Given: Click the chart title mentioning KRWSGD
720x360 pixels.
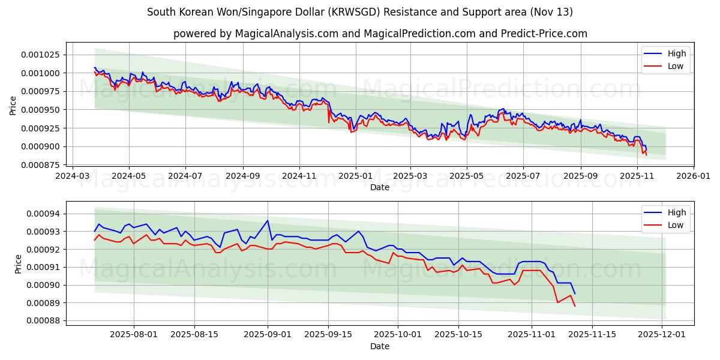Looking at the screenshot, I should pos(360,12).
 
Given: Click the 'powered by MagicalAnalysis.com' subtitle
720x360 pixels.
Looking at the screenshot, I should pos(380,34).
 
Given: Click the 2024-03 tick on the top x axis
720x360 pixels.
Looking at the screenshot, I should pos(73,176).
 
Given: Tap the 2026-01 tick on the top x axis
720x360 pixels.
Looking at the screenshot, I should pos(693,176).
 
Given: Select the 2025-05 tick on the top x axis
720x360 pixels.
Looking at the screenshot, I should pos(467,176).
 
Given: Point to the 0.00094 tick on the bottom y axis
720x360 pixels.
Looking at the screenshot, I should pos(44,214).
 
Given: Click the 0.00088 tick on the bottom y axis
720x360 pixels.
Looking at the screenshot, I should pos(44,320).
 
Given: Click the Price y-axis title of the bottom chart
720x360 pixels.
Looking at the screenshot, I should pos(18,263).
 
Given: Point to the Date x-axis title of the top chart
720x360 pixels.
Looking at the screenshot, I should pos(380,187).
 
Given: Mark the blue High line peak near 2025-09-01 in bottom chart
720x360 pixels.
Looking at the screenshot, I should pos(268,220).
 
